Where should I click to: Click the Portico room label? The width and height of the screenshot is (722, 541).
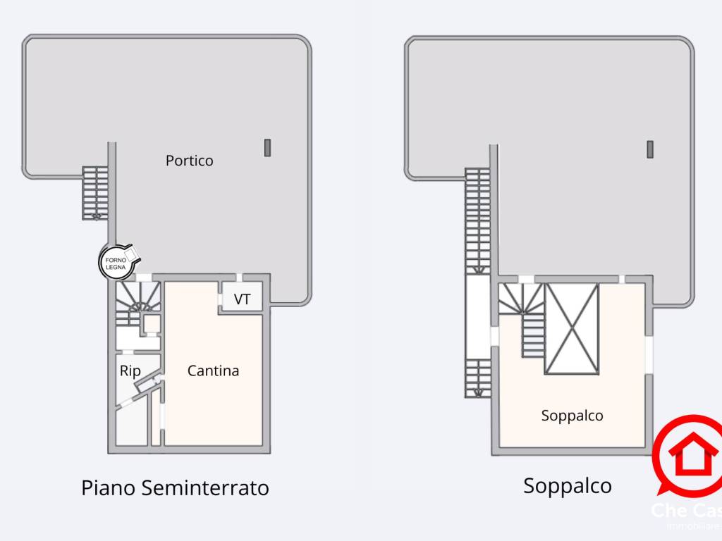[x=189, y=161]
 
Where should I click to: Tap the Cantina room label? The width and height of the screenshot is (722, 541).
[x=213, y=371]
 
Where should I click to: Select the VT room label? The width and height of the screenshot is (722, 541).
[x=242, y=299]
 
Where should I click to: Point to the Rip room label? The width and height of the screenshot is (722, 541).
[x=130, y=371]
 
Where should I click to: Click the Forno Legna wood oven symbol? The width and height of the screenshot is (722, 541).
[x=114, y=262]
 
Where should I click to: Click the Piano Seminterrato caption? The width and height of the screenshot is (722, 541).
[x=175, y=487]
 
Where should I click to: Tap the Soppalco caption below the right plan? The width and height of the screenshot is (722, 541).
[x=567, y=485]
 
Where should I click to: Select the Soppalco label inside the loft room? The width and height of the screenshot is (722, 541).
[x=572, y=416]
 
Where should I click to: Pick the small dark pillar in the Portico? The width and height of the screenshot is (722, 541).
[x=268, y=147]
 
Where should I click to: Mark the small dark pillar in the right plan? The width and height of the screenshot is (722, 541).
[x=650, y=149]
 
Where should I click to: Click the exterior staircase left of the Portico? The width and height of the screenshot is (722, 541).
[x=93, y=193]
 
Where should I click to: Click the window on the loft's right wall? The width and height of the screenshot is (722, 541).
[x=649, y=352]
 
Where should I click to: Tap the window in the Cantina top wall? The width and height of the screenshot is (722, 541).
[x=239, y=278]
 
